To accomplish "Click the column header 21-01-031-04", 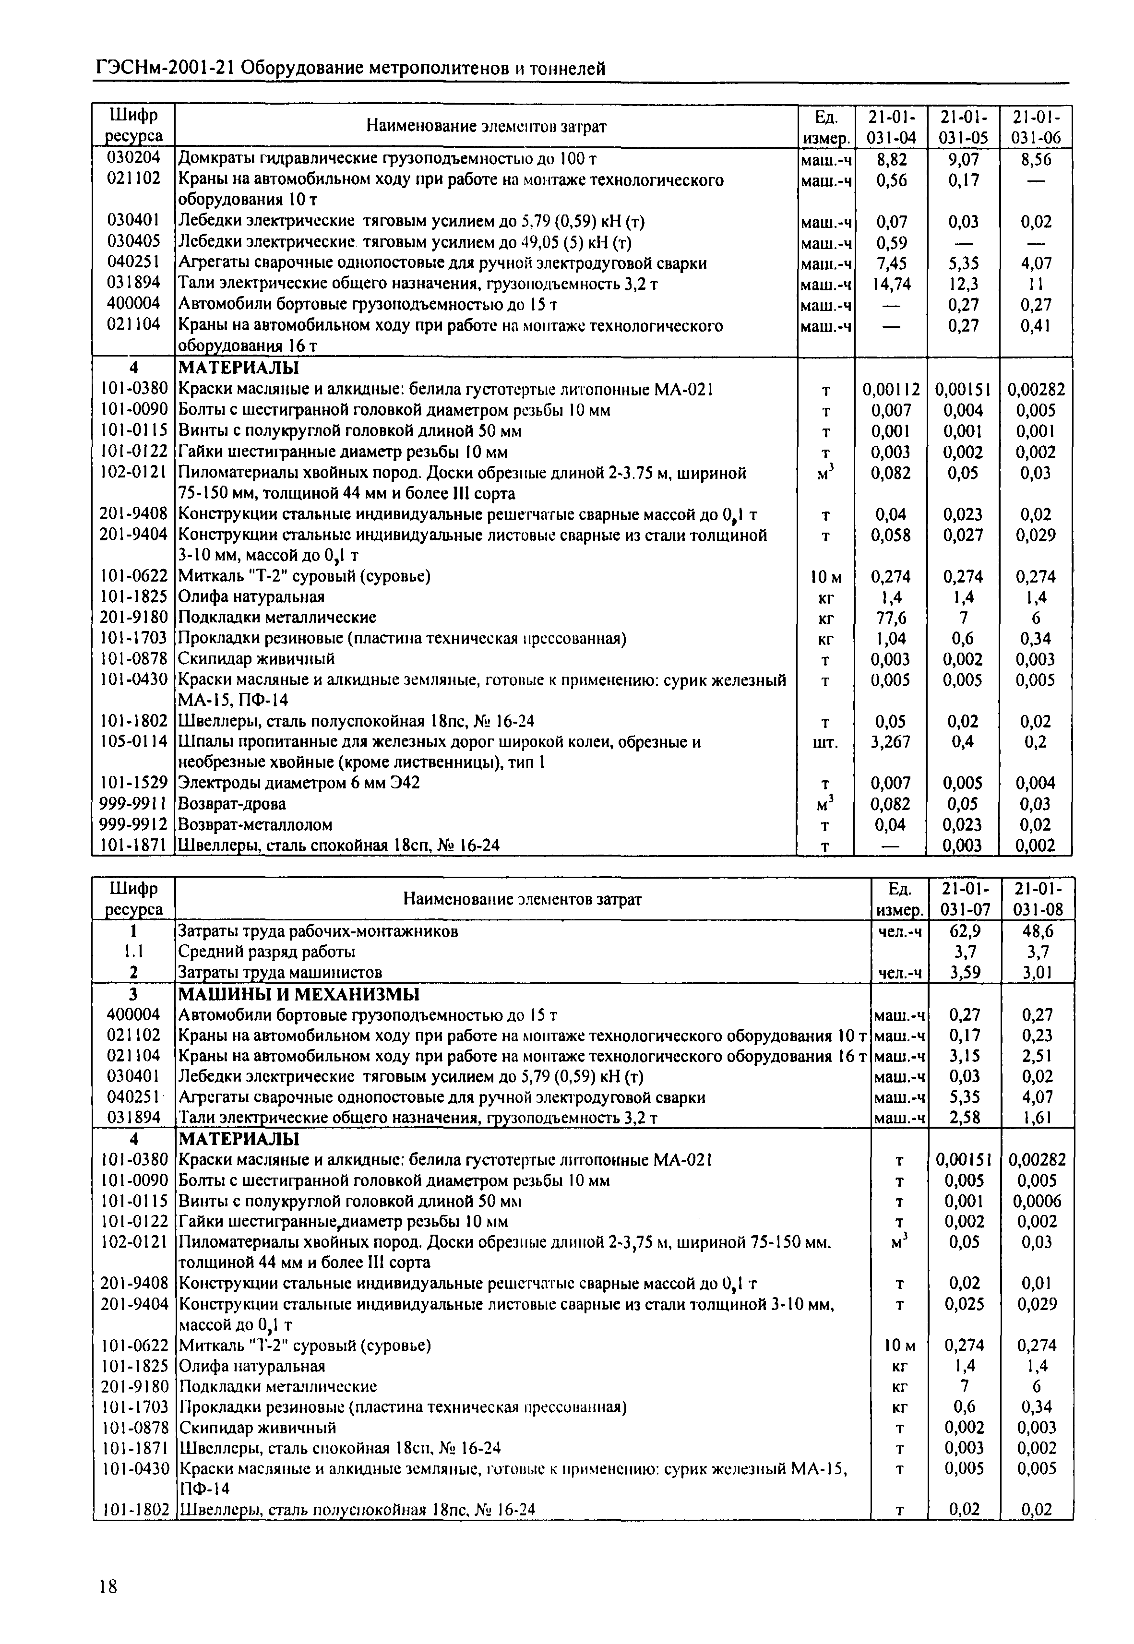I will point(891,127).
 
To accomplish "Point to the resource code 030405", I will point(133,242).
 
